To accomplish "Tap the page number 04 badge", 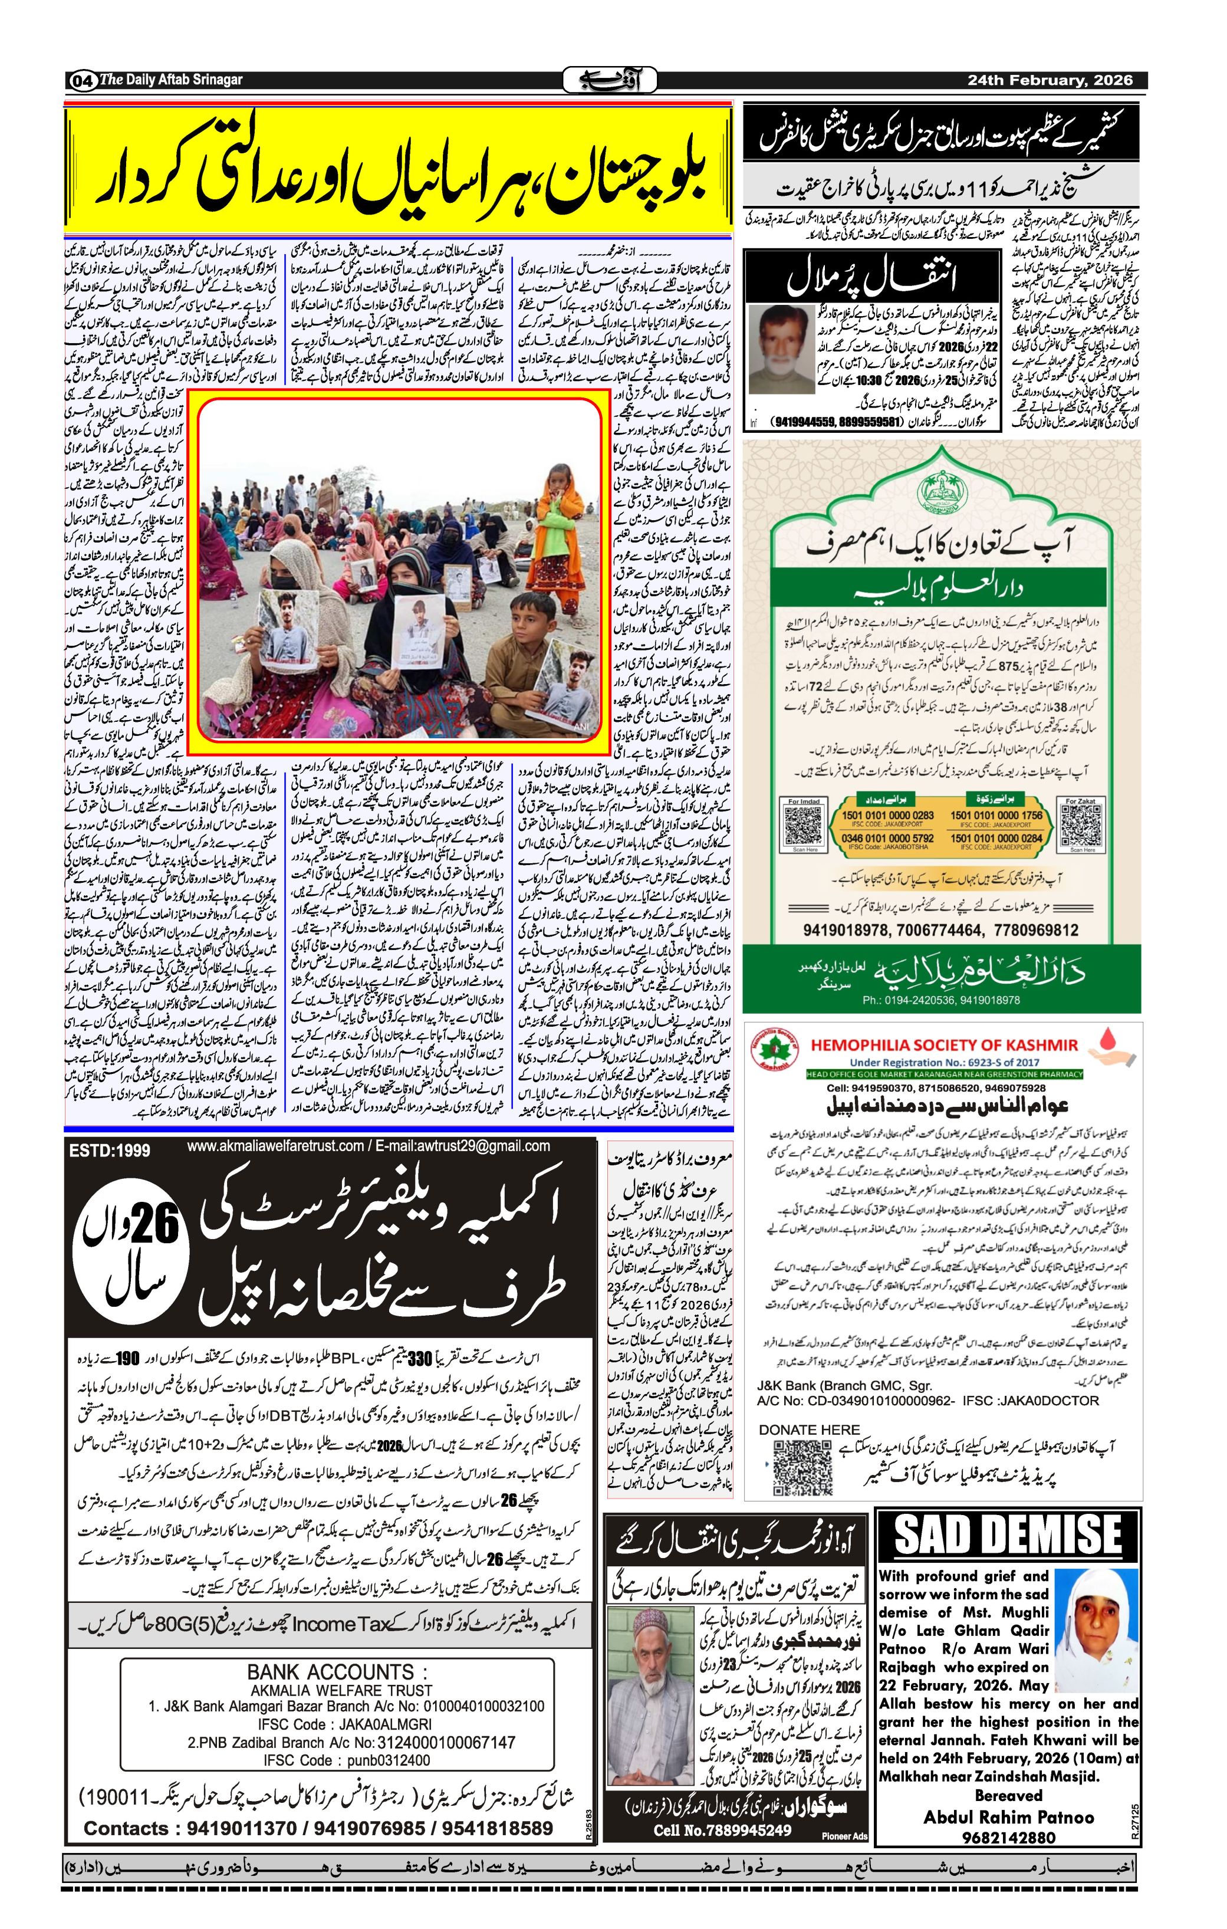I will point(82,81).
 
